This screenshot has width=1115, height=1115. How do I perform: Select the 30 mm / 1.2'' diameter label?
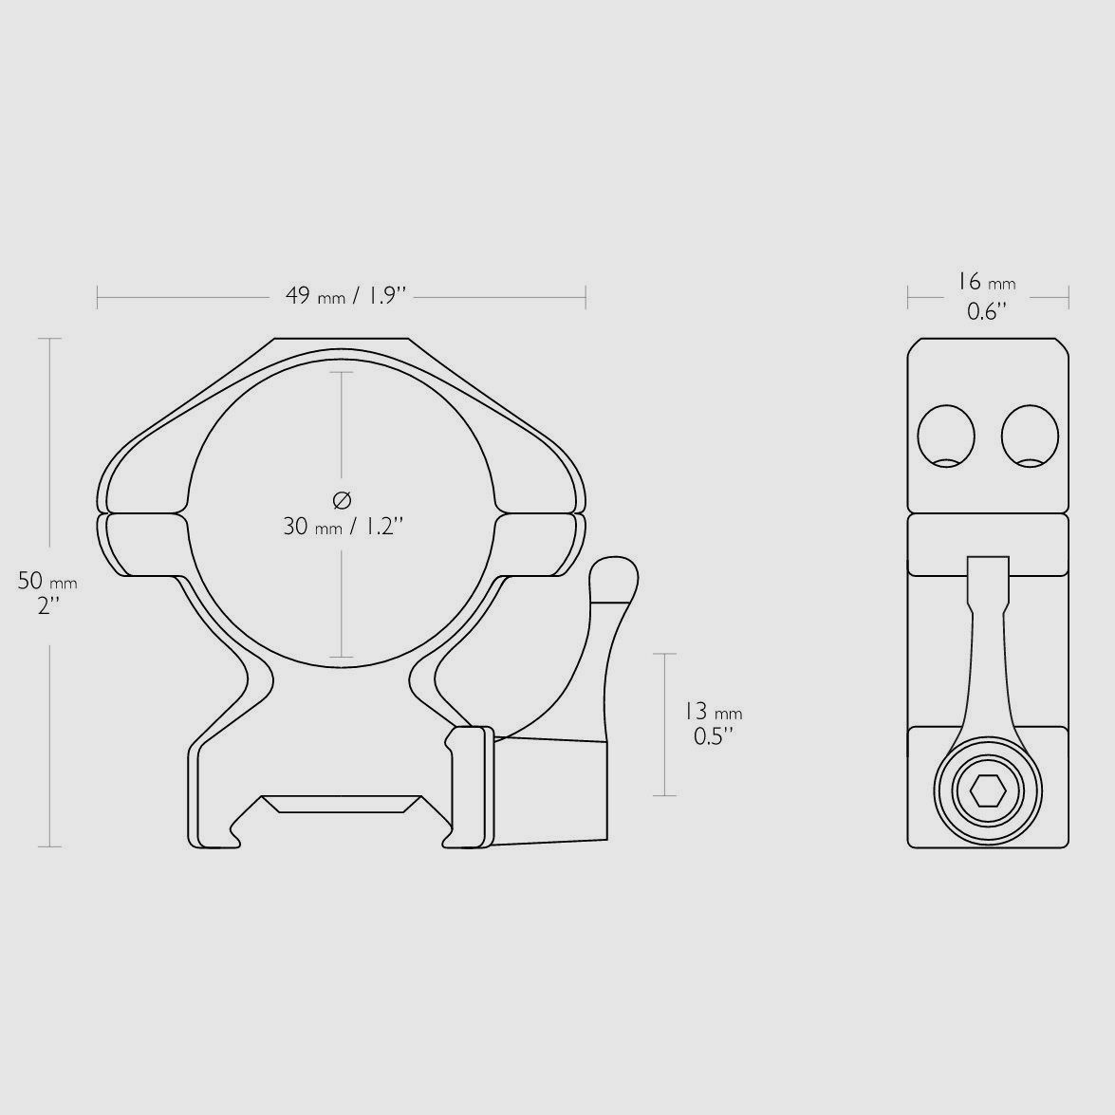click(344, 526)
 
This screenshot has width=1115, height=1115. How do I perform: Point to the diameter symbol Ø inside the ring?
click(343, 499)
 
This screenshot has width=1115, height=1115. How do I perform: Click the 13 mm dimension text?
click(713, 711)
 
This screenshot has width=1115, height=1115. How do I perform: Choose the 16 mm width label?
click(987, 282)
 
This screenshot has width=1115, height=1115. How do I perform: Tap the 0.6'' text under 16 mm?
click(987, 311)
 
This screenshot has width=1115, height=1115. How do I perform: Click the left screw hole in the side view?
click(946, 437)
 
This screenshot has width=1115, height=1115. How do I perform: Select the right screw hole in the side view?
click(1030, 437)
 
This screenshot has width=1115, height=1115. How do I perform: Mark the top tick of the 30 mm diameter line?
click(342, 372)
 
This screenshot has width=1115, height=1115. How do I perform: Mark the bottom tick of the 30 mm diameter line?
click(342, 657)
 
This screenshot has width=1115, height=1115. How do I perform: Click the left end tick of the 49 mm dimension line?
click(98, 297)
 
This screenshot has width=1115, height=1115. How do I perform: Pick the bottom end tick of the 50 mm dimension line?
click(48, 846)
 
